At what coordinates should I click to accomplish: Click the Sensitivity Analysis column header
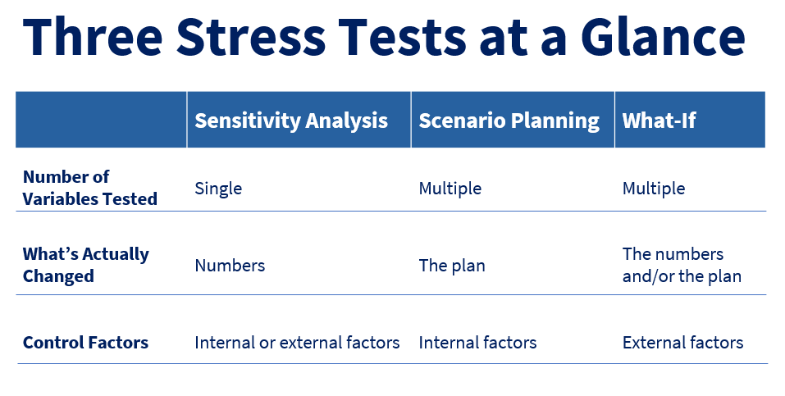click(291, 121)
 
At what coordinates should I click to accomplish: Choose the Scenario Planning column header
click(509, 121)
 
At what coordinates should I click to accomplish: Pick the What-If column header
click(659, 121)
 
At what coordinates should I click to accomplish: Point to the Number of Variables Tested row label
click(89, 188)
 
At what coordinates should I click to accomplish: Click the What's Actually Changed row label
click(85, 265)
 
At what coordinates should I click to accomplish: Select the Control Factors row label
click(85, 343)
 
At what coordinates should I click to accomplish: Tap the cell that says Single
click(218, 189)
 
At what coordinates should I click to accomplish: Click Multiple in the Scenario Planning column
click(450, 189)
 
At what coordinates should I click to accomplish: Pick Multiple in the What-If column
click(653, 189)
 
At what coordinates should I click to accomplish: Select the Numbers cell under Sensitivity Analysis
click(230, 266)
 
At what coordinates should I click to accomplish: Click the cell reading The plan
click(451, 266)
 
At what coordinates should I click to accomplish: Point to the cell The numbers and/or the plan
click(681, 265)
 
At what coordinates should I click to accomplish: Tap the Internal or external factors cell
click(297, 343)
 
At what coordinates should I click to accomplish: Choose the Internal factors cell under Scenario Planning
click(477, 343)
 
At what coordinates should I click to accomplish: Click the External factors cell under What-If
click(682, 343)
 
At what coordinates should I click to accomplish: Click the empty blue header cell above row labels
click(101, 120)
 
